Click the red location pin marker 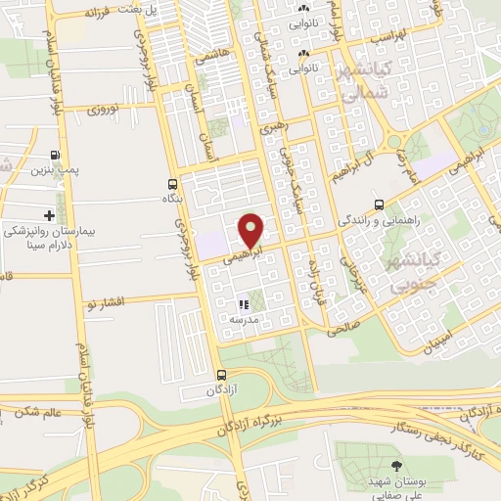point(251,231)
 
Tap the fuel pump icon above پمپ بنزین point(55,155)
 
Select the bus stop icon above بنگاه point(172,183)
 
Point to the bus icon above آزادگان point(221,374)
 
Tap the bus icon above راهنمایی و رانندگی point(379,205)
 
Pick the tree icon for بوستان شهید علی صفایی point(396,466)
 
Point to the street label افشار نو point(105,305)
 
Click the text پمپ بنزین point(55,171)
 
